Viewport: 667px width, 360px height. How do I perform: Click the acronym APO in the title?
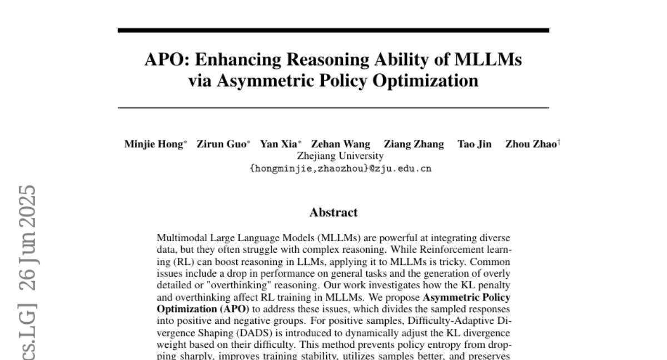(163, 59)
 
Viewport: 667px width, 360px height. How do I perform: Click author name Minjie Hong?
(153, 145)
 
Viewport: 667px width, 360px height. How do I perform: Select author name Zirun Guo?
(221, 145)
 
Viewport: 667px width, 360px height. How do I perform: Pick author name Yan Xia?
(279, 145)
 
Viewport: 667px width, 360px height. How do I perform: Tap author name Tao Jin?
(474, 145)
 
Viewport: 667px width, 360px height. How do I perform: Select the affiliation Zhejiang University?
(340, 156)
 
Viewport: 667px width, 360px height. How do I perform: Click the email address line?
(340, 168)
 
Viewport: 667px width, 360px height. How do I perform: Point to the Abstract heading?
(333, 212)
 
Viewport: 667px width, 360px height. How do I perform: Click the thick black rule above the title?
(333, 30)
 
